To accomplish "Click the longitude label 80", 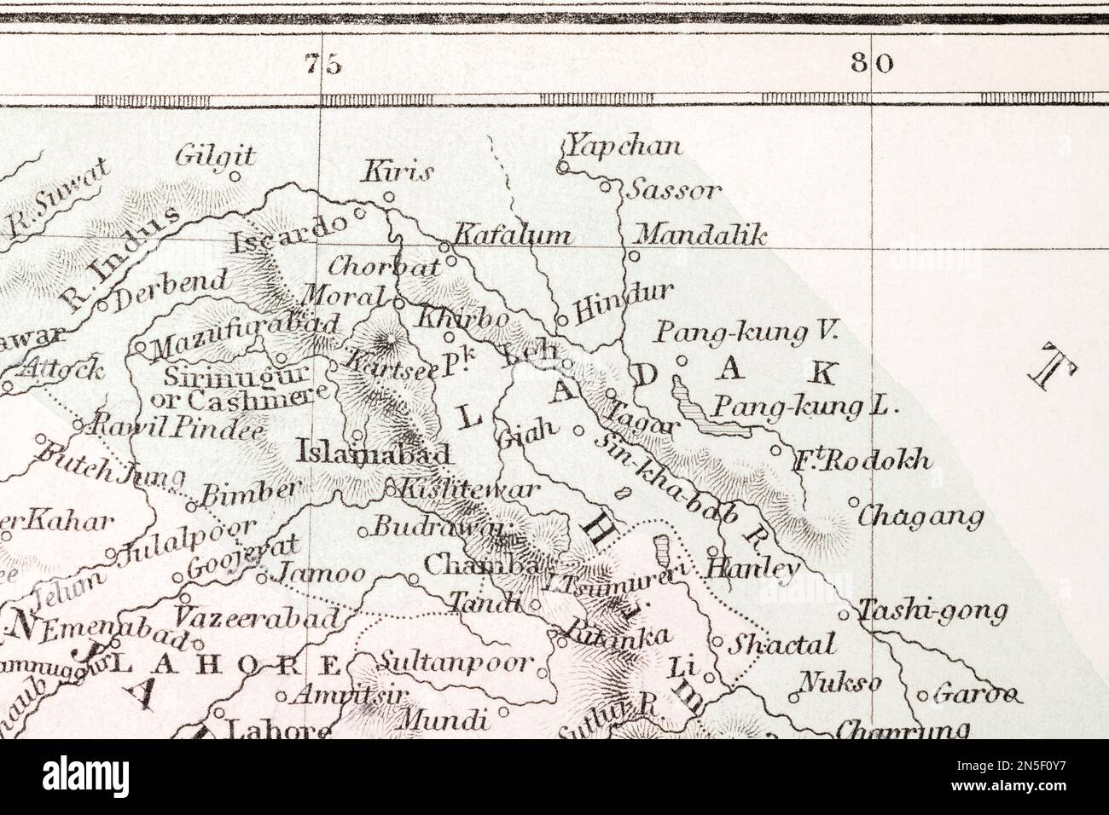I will (x=872, y=64).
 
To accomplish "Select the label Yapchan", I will (x=625, y=146).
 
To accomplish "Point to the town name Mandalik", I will (x=701, y=234).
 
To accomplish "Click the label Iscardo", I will (x=290, y=234).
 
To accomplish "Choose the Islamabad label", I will (x=372, y=451).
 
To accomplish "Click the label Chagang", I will (x=920, y=516).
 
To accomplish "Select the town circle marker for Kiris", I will (x=388, y=197).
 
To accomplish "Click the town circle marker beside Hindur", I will (x=561, y=319).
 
